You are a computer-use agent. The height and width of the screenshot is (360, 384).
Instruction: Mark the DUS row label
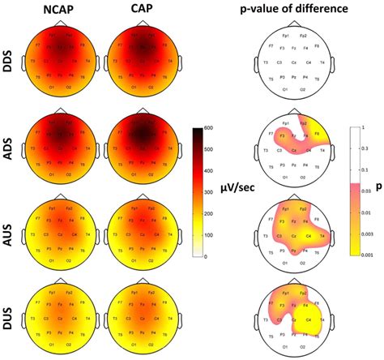coord(11,315)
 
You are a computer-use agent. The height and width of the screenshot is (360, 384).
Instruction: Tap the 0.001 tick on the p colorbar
coord(368,255)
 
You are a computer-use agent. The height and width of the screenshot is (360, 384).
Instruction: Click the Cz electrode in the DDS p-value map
coord(291,62)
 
